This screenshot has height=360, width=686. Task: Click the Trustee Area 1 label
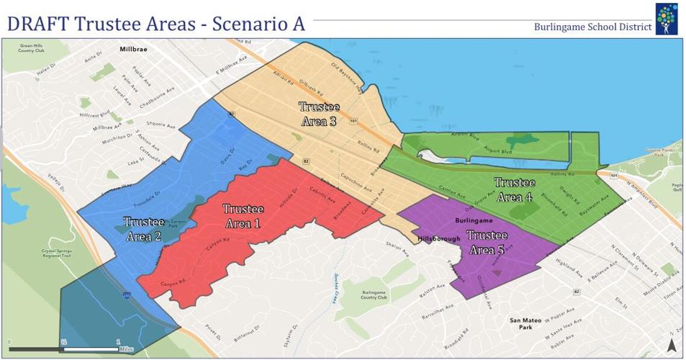[242, 216]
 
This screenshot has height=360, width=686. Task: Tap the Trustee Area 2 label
[143, 229]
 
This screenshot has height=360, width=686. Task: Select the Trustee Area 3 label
[319, 114]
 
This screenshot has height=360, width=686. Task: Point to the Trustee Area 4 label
[514, 189]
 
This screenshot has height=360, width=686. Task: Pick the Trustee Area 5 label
[487, 243]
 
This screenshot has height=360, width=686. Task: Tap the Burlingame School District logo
[666, 19]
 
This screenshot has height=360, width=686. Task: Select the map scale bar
[64, 348]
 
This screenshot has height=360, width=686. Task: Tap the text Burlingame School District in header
[592, 27]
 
